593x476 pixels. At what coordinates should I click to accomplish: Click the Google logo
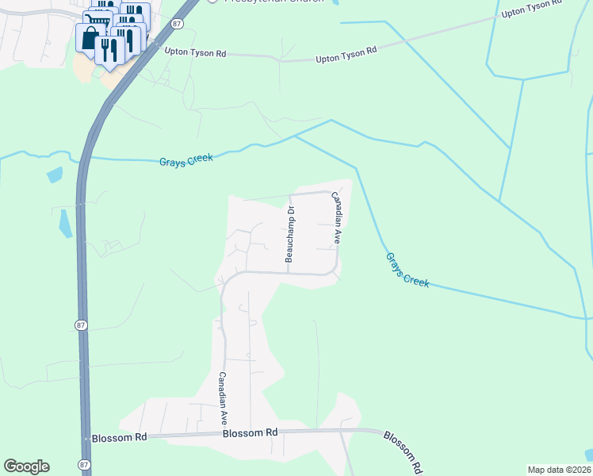26,466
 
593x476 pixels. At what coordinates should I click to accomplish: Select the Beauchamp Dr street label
289,234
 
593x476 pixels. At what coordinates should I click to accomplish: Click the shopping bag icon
89,37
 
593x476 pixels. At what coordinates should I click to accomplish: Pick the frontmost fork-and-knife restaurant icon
109,49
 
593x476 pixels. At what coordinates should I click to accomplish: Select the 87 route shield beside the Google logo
85,464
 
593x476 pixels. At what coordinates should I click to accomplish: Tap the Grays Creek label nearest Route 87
186,159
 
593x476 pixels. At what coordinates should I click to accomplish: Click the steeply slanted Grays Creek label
407,270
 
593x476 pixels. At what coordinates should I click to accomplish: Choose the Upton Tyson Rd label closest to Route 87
195,52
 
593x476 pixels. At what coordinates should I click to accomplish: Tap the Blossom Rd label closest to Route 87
120,437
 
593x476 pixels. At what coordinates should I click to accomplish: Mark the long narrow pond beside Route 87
65,223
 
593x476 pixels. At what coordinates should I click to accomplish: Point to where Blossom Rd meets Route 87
86,438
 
